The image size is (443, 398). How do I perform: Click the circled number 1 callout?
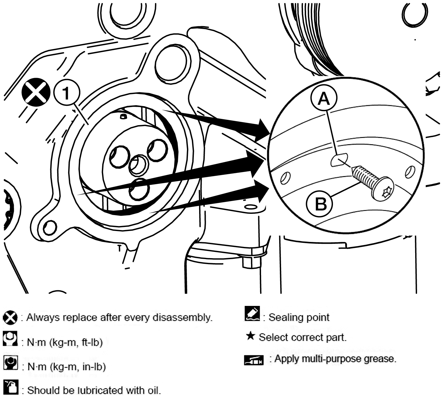tap(67, 93)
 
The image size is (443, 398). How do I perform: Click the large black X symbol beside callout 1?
tap(36, 92)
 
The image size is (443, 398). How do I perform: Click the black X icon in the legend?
tap(10, 318)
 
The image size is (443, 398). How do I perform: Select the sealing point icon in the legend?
tap(252, 313)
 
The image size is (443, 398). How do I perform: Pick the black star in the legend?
tap(250, 336)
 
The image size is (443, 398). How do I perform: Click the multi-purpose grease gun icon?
tap(254, 360)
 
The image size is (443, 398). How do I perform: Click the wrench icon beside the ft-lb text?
tap(10, 338)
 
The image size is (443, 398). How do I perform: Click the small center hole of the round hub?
tap(138, 165)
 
